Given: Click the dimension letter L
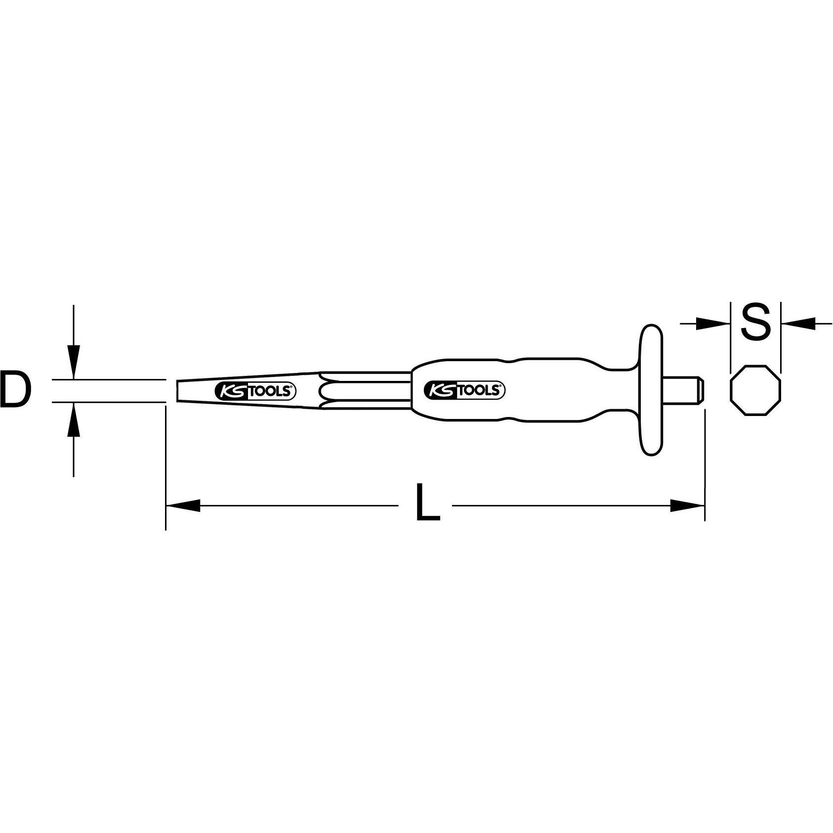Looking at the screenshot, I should [x=427, y=503].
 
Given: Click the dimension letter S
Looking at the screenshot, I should [x=756, y=322].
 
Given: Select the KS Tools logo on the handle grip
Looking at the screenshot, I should [x=464, y=391].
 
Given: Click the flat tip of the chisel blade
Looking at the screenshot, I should [x=179, y=390].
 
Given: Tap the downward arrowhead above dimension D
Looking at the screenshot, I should [x=73, y=363].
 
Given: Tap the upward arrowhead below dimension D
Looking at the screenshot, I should [x=73, y=418].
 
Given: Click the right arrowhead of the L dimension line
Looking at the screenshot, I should [x=687, y=505].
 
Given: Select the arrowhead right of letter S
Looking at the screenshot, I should [x=798, y=324].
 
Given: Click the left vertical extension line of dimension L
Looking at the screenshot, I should [x=166, y=469].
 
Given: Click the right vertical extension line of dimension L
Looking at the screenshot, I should [x=705, y=469].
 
